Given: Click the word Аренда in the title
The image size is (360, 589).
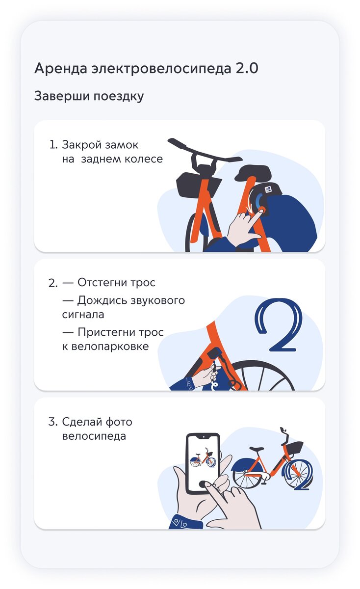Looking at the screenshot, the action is (61, 68).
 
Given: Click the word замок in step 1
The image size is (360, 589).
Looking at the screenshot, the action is (122, 145).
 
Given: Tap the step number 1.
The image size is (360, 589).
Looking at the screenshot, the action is (53, 145).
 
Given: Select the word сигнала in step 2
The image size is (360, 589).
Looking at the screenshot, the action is (83, 315).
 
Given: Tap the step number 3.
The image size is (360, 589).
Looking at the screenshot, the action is (52, 422).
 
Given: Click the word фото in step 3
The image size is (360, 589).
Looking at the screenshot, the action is (119, 422).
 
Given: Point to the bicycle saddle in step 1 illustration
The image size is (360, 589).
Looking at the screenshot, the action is (253, 172).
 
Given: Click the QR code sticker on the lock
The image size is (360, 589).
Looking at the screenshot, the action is (268, 189).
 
